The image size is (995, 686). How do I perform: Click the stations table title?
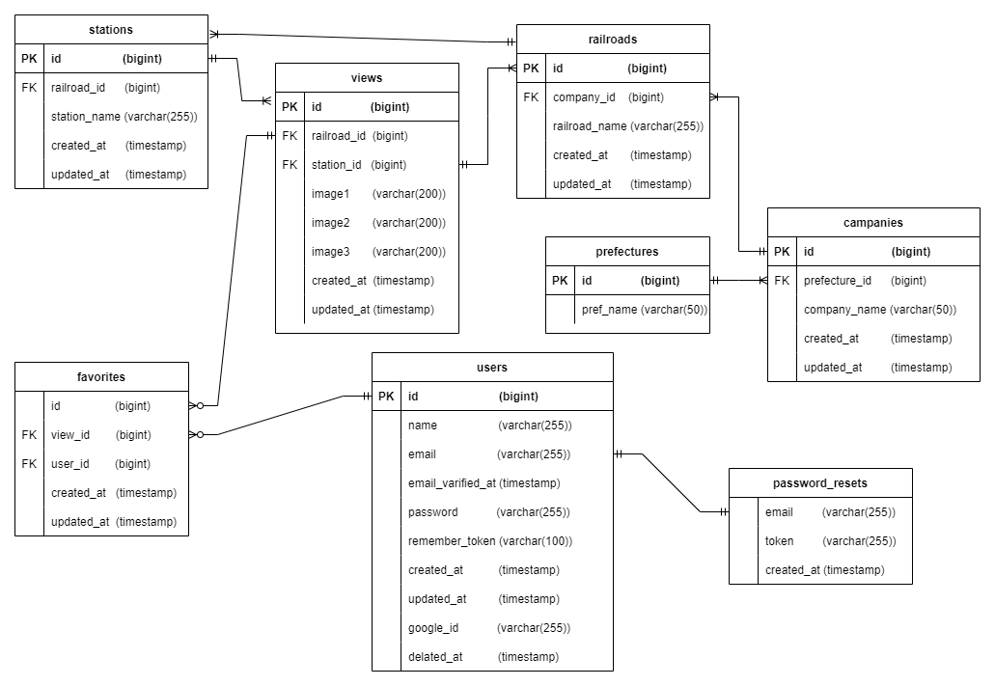coord(111,30)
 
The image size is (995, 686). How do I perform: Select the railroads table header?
coord(613,40)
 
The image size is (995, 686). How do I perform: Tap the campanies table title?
coord(873,223)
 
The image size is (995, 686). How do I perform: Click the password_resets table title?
coord(820,483)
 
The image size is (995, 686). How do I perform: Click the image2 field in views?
coord(331,223)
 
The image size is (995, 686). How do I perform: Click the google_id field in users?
coord(433,628)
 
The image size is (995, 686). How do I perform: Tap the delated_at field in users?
coord(435,657)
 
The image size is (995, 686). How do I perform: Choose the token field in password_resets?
coord(780,541)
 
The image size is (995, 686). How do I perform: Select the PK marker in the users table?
coord(386,397)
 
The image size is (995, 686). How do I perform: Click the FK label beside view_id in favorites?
coord(29,435)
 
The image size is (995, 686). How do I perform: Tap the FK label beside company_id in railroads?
coord(531,97)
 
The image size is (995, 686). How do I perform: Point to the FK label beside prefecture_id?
coord(782,281)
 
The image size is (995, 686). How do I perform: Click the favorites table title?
coord(101,377)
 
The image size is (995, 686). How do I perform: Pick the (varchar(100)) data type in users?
coord(536,541)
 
